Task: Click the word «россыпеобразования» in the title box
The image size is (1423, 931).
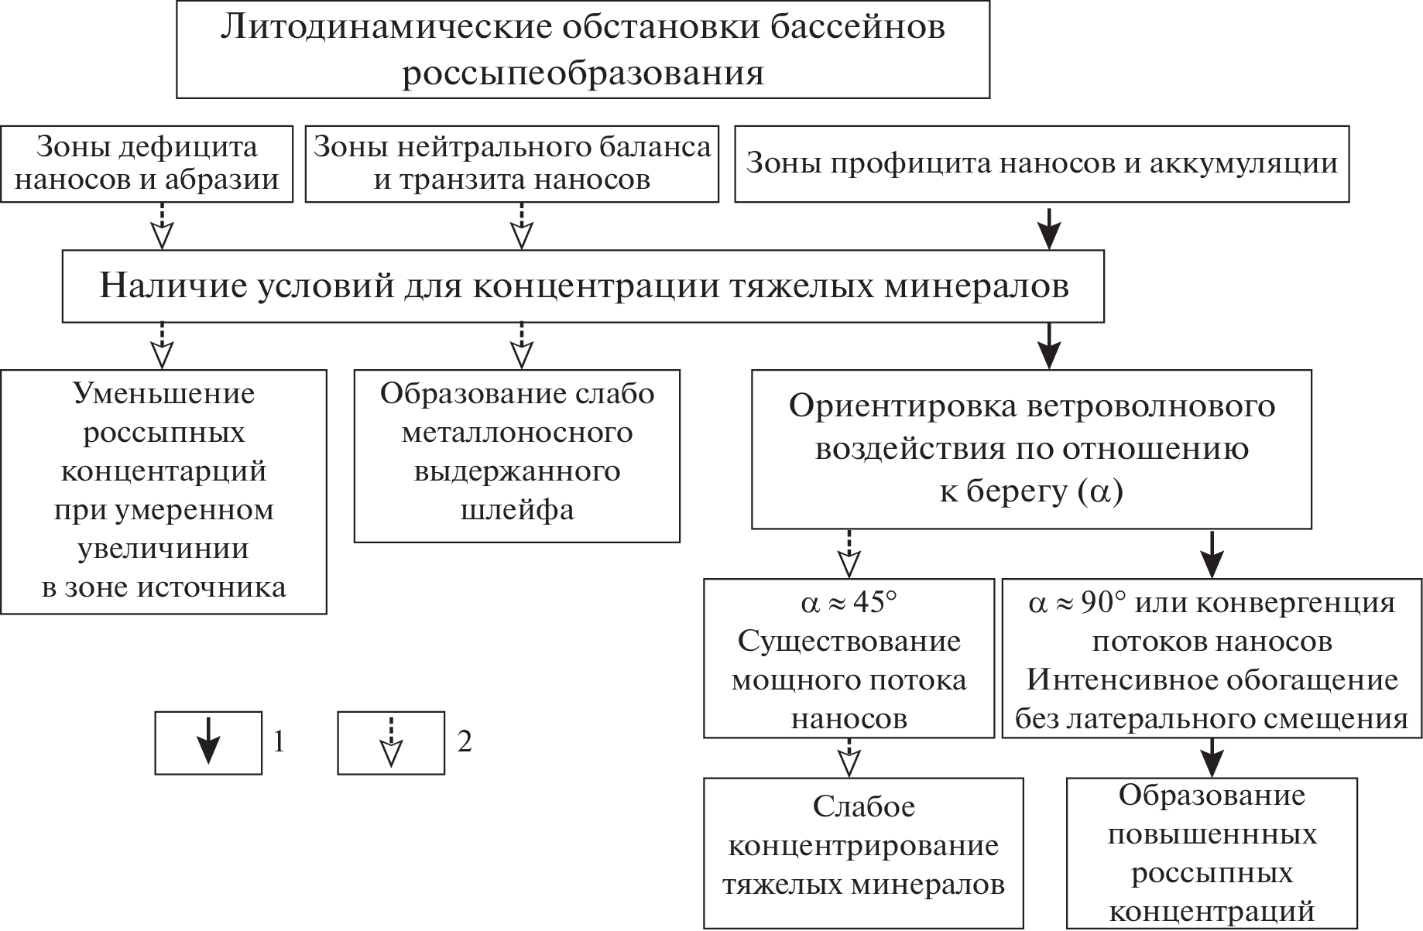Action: (583, 74)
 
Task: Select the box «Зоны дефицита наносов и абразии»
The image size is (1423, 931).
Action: (146, 164)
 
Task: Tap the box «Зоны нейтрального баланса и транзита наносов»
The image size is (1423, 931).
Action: (512, 164)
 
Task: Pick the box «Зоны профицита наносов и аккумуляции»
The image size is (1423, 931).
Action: (1041, 164)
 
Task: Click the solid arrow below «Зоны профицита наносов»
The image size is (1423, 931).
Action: (1048, 227)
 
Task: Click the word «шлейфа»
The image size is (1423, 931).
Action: (517, 511)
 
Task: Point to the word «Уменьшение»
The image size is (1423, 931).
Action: (163, 394)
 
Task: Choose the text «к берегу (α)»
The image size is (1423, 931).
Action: (1031, 492)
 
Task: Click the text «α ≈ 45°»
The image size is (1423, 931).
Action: (849, 603)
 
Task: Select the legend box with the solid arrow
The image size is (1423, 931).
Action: (208, 743)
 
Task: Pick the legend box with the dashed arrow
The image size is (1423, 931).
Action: (391, 743)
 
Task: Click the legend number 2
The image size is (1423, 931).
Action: (465, 743)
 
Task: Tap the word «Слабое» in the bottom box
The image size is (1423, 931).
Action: (863, 807)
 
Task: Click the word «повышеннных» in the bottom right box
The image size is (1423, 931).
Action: (1212, 835)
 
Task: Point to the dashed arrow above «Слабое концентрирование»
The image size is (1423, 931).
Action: (849, 758)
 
